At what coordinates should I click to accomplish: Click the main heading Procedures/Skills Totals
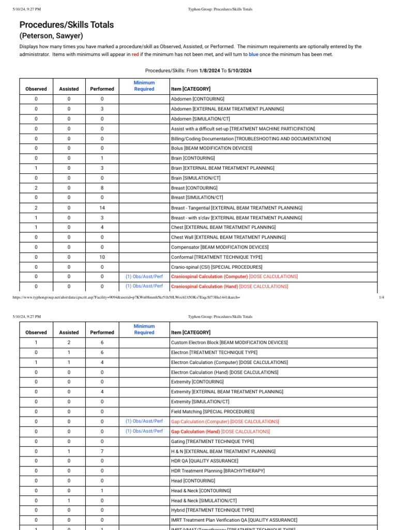pyautogui.click(x=67, y=25)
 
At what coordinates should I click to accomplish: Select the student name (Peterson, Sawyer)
pyautogui.click(x=51, y=36)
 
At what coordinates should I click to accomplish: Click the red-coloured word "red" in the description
pyautogui.click(x=135, y=54)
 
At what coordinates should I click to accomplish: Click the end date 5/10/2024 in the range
pyautogui.click(x=239, y=70)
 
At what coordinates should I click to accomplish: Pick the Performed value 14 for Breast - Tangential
pyautogui.click(x=102, y=208)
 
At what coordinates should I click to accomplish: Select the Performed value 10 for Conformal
pyautogui.click(x=102, y=257)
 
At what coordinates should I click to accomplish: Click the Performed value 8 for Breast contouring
pyautogui.click(x=102, y=188)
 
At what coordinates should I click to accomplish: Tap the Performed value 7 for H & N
pyautogui.click(x=102, y=451)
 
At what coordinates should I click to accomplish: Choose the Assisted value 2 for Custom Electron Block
pyautogui.click(x=69, y=343)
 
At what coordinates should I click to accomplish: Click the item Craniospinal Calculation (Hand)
pyautogui.click(x=204, y=286)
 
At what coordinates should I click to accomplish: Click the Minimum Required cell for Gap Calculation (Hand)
pyautogui.click(x=144, y=431)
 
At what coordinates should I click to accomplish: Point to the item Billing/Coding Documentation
pyautogui.click(x=251, y=139)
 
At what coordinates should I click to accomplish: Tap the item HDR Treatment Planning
pyautogui.click(x=218, y=471)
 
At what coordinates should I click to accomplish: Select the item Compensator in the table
pyautogui.click(x=220, y=247)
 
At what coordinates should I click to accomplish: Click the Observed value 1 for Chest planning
pyautogui.click(x=36, y=227)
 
